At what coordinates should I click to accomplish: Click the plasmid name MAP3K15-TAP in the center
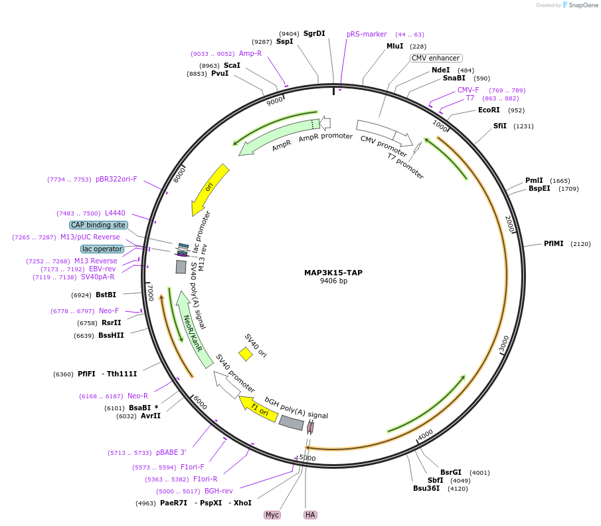[333, 273]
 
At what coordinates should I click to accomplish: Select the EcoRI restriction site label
[489, 110]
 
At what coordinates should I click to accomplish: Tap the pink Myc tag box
[272, 515]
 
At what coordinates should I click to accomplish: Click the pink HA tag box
[310, 515]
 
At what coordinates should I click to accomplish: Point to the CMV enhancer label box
[436, 59]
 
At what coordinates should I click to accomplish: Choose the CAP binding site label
[98, 225]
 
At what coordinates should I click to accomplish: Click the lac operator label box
[102, 249]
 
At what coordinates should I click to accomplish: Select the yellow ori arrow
[209, 190]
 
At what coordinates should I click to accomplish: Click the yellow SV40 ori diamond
[246, 354]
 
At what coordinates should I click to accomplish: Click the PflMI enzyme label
[553, 243]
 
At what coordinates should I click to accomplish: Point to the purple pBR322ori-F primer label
[116, 179]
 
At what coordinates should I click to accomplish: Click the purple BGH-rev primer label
[218, 491]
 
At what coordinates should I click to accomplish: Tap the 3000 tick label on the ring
[503, 343]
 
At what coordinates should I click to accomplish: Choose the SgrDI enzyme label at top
[314, 33]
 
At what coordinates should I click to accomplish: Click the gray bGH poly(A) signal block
[291, 422]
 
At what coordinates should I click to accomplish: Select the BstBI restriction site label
[106, 295]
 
